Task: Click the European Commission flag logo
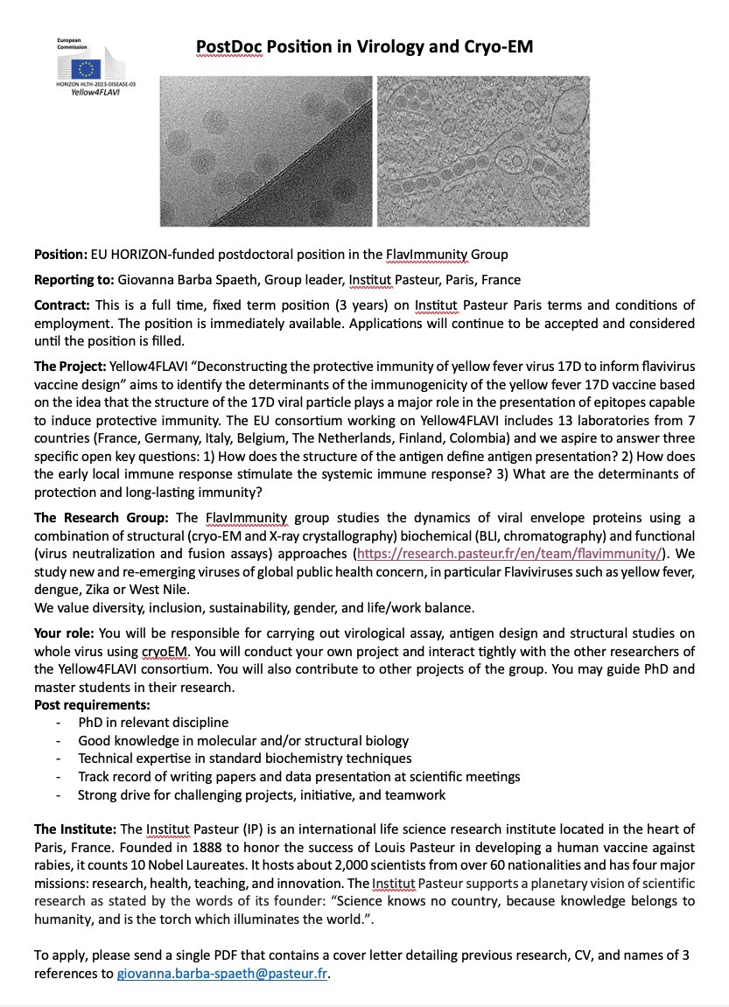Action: pos(88,67)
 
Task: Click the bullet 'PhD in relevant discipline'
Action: pos(153,722)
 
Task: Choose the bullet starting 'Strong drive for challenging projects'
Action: pos(262,795)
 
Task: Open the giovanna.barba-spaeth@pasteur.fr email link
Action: pos(223,973)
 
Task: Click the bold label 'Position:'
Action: pos(60,255)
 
